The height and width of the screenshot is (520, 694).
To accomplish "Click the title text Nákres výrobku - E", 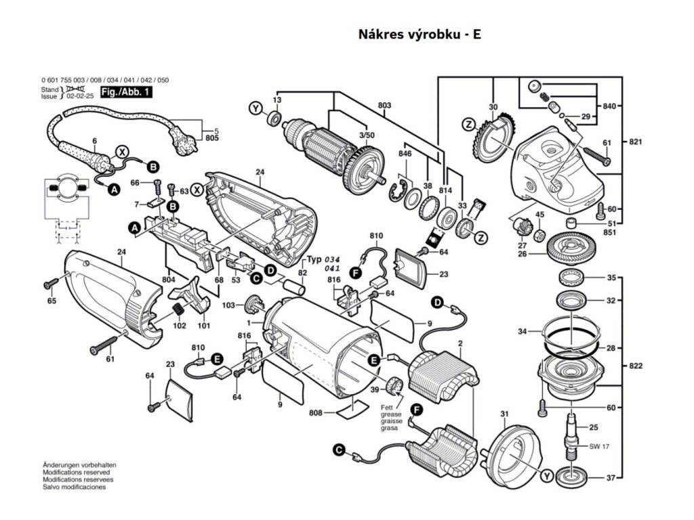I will [x=420, y=35].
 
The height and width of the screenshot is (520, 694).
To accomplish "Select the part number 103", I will [x=230, y=306].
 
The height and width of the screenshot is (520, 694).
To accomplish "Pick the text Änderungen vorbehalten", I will [x=79, y=467].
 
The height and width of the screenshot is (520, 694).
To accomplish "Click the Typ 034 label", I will [x=323, y=259].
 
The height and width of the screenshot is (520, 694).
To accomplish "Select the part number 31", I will [x=504, y=414].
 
